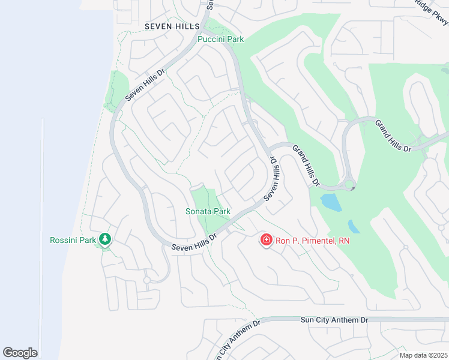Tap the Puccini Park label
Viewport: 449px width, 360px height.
[221, 39]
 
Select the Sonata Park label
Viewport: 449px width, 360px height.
[208, 211]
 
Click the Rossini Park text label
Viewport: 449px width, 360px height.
[73, 240]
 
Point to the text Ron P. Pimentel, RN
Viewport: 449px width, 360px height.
[312, 241]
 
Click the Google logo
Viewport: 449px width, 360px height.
[20, 352]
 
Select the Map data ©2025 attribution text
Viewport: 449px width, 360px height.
[424, 355]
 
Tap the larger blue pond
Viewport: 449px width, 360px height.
[331, 202]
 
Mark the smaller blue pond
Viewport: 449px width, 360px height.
[354, 227]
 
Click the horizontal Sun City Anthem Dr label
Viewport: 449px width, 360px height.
[334, 320]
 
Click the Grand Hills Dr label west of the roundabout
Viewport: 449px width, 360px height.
[306, 164]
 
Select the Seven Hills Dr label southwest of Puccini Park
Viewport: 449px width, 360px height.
[145, 88]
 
